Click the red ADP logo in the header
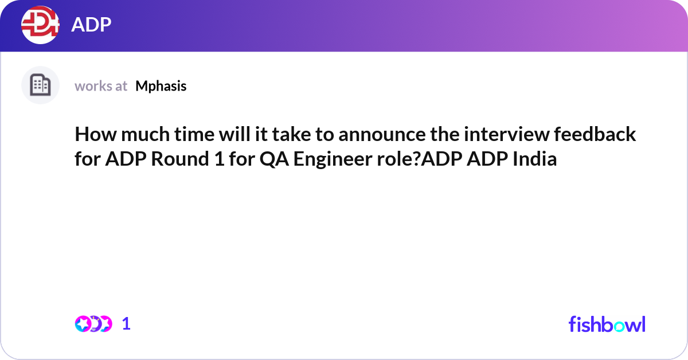tap(40, 25)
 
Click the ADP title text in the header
tap(91, 25)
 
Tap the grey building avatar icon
tap(40, 85)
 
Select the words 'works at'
tap(101, 86)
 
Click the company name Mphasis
tap(161, 86)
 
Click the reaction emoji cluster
tap(93, 323)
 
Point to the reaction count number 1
tap(126, 324)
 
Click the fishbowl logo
tap(607, 324)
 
